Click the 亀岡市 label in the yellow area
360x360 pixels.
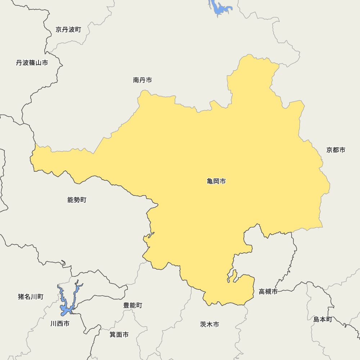coord(216,181)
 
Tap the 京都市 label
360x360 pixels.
coord(336,150)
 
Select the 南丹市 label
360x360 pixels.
coord(142,80)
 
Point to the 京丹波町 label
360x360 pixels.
coord(68,30)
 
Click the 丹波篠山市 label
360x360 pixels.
coord(32,63)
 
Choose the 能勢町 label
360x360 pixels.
coord(77,200)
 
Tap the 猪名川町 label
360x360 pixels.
coord(31,297)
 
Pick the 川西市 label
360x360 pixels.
coord(60,324)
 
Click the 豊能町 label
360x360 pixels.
coord(132,305)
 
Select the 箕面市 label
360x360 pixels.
coord(119,334)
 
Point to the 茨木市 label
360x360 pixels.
coord(210,324)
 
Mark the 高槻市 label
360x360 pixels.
coord(268,292)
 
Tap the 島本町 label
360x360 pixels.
coord(323,319)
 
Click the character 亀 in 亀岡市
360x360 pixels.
coord(210,181)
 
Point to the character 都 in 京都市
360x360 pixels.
coord(336,150)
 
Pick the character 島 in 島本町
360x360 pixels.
coord(316,319)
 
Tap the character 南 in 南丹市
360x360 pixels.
coord(136,80)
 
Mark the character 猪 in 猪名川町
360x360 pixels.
coord(21,297)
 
